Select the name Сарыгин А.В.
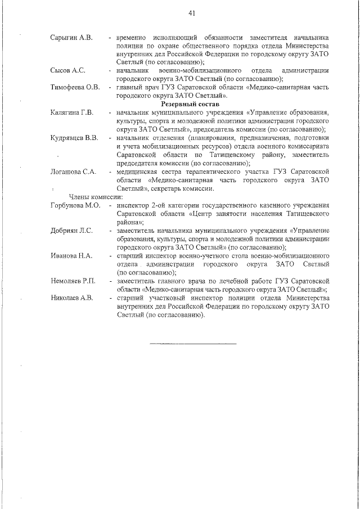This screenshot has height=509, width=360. pos(71,38)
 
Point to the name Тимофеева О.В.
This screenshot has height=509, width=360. pos(75,87)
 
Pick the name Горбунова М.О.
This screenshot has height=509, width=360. pos(75,205)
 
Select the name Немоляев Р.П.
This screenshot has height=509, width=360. pos(73,280)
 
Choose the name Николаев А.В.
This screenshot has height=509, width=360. pos(72,297)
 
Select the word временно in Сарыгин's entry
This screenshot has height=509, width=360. pos(133,38)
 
